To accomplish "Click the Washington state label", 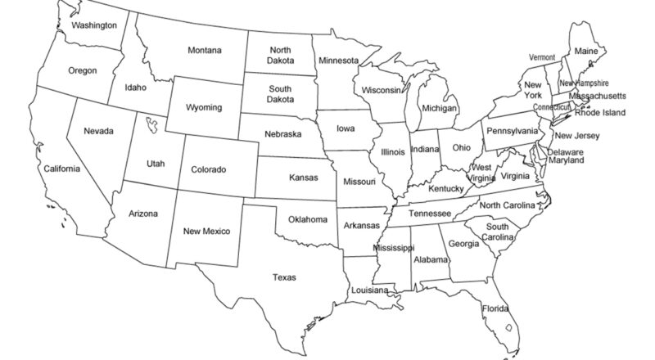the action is coord(93,25).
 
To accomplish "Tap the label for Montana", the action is coord(204,51).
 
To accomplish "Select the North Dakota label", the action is coord(281,55).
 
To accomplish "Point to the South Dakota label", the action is coord(281,94).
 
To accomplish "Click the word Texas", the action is coord(284,277).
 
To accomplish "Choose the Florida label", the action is coord(495,308).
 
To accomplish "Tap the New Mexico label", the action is coord(206,231).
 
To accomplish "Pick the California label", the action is coord(62,169).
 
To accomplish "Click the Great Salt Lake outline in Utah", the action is coord(151,125).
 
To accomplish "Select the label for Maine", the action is coord(586,51).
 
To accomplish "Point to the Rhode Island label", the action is coord(600,113).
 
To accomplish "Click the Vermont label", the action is coord(542,57).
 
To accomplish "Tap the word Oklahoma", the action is coord(307,219).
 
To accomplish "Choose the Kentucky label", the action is coord(445,189).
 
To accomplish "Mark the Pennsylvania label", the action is coord(513,131).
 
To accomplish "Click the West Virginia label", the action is coord(481,173).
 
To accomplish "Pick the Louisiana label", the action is coord(369,290).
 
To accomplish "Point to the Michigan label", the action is coord(439,108).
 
